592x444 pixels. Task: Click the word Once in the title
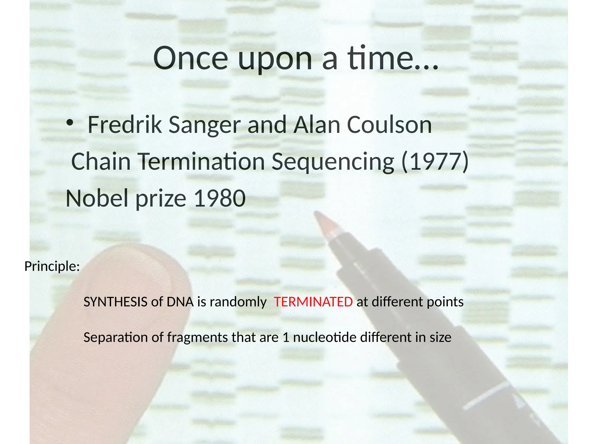191,58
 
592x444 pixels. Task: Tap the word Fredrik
125,125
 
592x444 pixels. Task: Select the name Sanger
204,125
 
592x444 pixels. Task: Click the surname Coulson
389,125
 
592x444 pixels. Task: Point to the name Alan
317,125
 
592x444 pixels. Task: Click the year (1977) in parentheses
435,162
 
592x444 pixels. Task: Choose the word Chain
101,162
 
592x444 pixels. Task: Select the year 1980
220,199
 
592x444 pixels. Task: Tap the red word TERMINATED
313,302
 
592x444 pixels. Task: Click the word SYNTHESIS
115,302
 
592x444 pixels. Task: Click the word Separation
115,337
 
